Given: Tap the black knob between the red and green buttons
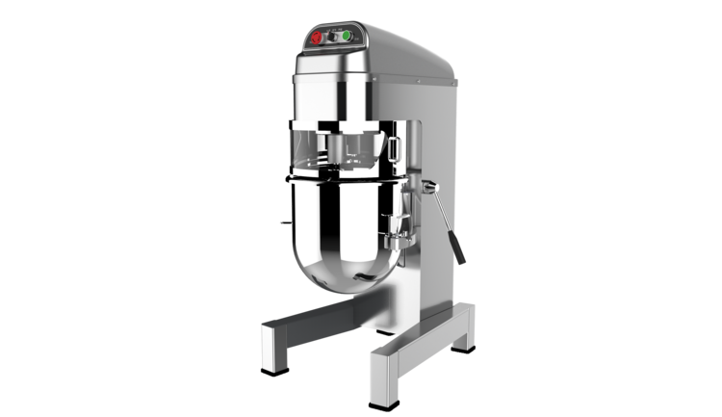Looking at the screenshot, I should [x=333, y=38].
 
